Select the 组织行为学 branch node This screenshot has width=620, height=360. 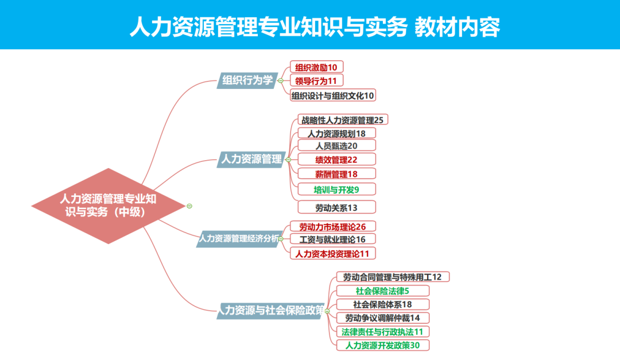point(247,80)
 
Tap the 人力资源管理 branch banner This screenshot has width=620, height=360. point(251,159)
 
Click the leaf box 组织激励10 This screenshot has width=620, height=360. point(316,67)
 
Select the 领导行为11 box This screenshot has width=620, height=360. point(316,81)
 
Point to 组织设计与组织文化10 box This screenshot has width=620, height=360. point(333,95)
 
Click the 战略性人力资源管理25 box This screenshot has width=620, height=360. point(342,120)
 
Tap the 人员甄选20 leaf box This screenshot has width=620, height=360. point(336,146)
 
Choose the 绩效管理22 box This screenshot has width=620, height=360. point(336,160)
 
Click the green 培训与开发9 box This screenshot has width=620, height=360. point(336,189)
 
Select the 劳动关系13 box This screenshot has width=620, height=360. point(336,207)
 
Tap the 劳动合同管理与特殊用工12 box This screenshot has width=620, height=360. point(393,277)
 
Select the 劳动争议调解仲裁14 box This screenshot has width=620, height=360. point(382,318)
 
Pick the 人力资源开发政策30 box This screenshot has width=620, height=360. point(382,345)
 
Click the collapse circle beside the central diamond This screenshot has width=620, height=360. point(189,206)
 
